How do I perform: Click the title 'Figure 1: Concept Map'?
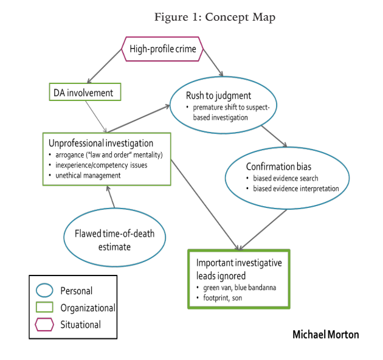pos(214,17)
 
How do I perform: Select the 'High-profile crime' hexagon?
pos(163,49)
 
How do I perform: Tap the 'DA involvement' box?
pos(85,92)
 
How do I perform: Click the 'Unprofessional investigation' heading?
pos(100,144)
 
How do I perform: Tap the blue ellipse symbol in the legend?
pos(44,290)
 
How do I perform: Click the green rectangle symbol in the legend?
pos(44,308)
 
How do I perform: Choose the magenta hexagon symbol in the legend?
pos(44,325)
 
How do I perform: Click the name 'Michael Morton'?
pos(325,334)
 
